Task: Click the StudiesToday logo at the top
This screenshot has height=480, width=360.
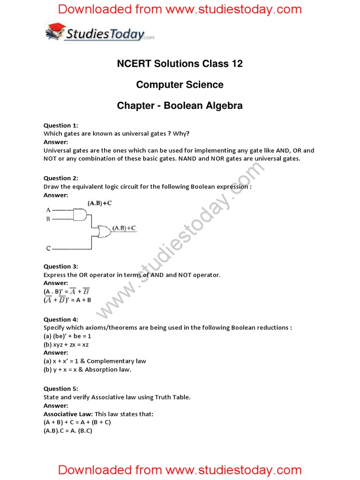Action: (99, 33)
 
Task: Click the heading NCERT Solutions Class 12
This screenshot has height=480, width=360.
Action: (180, 63)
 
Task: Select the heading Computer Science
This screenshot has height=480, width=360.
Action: (180, 84)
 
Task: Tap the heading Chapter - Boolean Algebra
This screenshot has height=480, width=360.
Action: (180, 105)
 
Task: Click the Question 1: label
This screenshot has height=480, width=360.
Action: (61, 125)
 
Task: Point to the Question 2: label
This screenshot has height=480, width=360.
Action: (61, 178)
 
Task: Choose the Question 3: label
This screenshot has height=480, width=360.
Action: (61, 266)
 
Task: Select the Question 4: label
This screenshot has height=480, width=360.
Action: (61, 319)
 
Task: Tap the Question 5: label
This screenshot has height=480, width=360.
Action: (61, 389)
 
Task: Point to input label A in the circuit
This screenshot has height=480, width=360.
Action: (48, 210)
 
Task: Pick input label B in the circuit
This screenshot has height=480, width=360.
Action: (48, 219)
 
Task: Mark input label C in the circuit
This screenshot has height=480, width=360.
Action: (48, 248)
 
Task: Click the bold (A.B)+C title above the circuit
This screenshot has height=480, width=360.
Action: (99, 203)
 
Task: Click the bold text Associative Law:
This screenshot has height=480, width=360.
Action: (68, 414)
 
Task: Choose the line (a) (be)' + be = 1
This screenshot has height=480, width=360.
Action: (67, 336)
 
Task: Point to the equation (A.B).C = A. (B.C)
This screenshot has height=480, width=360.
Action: (68, 430)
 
